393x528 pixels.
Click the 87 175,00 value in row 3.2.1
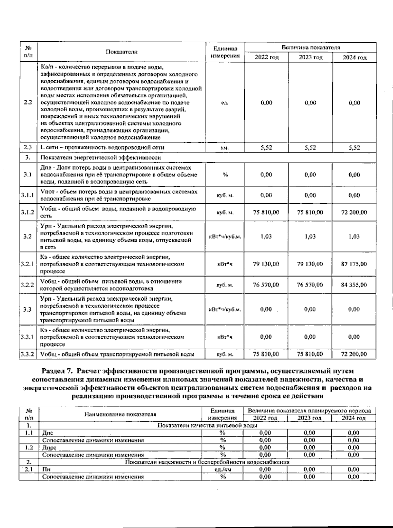click(354, 264)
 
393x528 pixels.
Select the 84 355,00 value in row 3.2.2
click(354, 285)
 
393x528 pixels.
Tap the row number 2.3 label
click(28, 148)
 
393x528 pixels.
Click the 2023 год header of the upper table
click(310, 57)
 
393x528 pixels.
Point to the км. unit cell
click(225, 148)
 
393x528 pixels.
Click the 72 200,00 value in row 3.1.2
click(354, 213)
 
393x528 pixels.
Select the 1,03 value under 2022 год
click(266, 236)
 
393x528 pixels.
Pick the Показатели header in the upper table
click(122, 52)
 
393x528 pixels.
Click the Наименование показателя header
click(120, 414)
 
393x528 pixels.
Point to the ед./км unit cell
click(223, 469)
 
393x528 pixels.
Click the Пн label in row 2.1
click(46, 469)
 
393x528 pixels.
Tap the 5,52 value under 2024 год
click(354, 148)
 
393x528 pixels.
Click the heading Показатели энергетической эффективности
click(101, 157)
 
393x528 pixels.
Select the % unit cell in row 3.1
click(225, 175)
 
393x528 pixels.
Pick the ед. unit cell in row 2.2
click(225, 103)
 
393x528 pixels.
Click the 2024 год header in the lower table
click(354, 418)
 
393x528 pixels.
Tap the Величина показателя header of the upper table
click(310, 48)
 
